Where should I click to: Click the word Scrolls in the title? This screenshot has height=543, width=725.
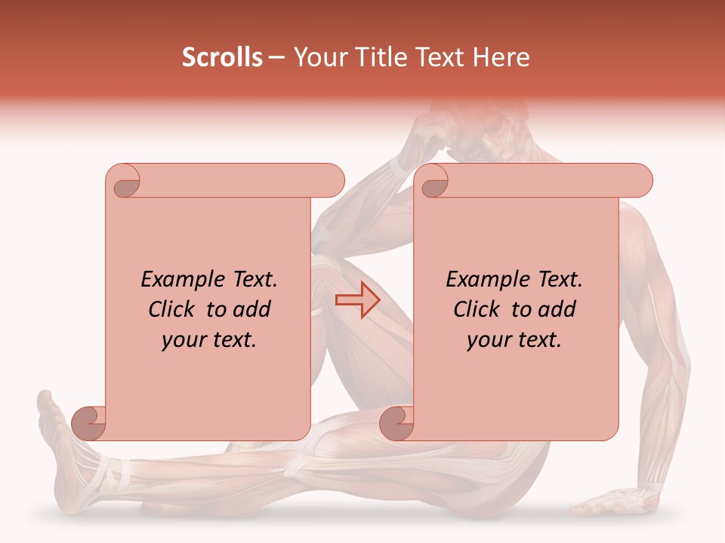point(222,57)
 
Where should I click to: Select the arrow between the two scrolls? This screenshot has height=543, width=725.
point(357,300)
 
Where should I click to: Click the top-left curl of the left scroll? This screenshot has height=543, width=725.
point(124,182)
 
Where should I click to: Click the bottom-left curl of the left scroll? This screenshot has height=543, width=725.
point(90,423)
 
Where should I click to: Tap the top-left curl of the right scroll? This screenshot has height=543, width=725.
point(433,182)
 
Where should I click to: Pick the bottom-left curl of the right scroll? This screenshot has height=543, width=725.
point(396,423)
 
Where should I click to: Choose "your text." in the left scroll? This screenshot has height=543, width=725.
point(209,340)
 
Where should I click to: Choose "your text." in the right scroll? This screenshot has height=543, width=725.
point(514,340)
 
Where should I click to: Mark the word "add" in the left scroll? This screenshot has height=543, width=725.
point(252,309)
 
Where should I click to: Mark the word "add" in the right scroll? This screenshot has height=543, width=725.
point(557,309)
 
